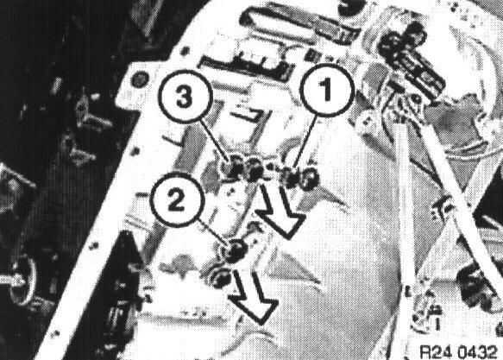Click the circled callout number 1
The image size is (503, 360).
click(x=326, y=90)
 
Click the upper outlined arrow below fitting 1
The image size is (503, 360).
click(x=279, y=212)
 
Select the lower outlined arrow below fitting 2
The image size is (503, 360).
click(x=254, y=297)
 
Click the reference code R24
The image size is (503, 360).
click(x=437, y=352)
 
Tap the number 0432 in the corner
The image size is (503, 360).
click(x=476, y=352)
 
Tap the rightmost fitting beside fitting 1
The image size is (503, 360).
click(x=310, y=179)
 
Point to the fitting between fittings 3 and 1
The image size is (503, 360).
click(x=255, y=170)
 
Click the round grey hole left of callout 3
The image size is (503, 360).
click(x=139, y=79)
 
